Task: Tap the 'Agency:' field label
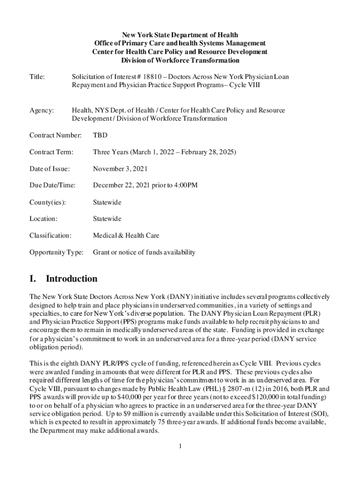(x=42, y=110)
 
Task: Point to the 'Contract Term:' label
(x=51, y=152)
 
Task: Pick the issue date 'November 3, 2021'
(x=121, y=169)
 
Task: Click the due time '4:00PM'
(x=186, y=186)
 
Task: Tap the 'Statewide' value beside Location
(x=107, y=219)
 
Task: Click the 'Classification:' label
(x=50, y=236)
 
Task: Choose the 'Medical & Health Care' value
(x=126, y=236)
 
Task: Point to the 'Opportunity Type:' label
(x=56, y=253)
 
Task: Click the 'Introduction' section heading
(x=72, y=279)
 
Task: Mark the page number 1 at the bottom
(x=180, y=445)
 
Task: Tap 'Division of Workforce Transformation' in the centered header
(x=180, y=60)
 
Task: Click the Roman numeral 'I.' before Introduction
(x=33, y=279)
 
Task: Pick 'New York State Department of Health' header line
(x=180, y=35)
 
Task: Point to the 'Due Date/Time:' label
(x=52, y=186)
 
